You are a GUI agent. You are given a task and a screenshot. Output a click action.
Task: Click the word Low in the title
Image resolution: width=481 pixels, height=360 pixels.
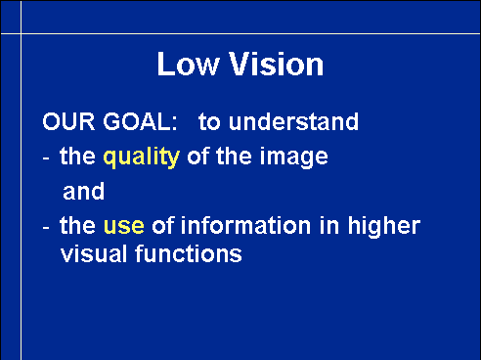[x=188, y=65]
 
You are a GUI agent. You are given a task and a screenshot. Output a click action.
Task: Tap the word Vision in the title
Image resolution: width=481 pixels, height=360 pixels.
[x=277, y=65]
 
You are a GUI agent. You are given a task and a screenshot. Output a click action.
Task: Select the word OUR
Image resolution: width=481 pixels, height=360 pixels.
[x=68, y=121]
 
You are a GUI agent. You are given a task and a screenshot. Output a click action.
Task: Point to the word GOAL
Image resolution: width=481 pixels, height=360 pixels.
[x=140, y=121]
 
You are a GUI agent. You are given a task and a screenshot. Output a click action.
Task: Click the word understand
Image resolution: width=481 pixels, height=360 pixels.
[x=293, y=121]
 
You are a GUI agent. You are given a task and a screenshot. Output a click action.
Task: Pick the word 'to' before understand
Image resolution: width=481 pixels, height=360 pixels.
[x=209, y=122]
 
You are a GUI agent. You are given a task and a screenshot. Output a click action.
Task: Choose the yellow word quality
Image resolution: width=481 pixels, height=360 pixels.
[x=142, y=157]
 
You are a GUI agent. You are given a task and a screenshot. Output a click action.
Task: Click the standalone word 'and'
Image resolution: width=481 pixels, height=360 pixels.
[x=84, y=192]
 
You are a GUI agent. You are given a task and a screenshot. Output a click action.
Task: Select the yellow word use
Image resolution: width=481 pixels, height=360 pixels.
[x=124, y=226]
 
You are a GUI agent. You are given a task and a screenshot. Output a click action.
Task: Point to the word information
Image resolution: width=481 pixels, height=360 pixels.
[x=245, y=225]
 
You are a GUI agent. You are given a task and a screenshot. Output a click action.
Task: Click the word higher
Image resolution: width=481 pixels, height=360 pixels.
[x=384, y=226]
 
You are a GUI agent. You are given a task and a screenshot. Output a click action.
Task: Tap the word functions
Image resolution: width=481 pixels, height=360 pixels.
[x=189, y=253]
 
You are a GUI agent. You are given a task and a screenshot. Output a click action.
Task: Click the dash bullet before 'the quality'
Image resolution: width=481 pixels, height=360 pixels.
[x=46, y=159]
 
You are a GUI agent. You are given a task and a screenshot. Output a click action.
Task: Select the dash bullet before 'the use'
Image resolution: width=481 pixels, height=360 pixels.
[x=46, y=227]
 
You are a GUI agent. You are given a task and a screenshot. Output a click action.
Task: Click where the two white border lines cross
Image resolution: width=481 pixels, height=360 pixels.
[x=22, y=33]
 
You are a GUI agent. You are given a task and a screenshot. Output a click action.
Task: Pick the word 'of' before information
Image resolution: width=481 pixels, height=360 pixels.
[x=162, y=225]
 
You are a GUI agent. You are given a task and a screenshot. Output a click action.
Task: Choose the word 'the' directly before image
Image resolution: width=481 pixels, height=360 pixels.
[x=234, y=156]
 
